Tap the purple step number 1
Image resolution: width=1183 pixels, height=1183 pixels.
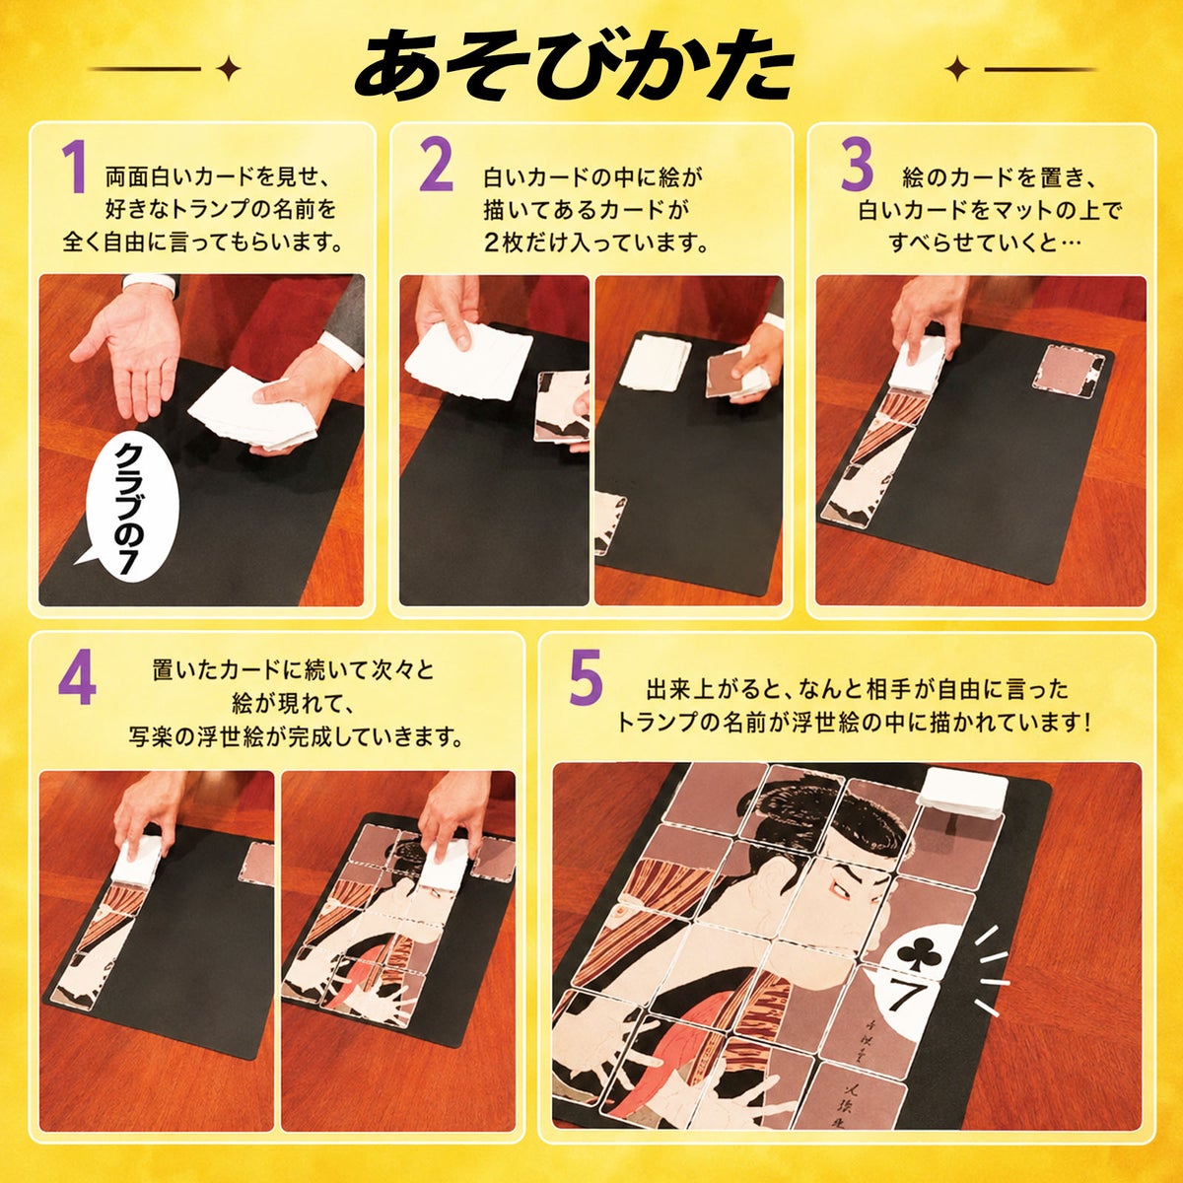[x=76, y=168]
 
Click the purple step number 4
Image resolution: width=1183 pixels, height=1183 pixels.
[x=77, y=682]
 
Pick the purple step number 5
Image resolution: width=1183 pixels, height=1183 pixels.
[x=587, y=680]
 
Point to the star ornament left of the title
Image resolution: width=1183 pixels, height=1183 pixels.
[x=231, y=69]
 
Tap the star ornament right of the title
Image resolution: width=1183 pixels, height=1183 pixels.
[x=956, y=69]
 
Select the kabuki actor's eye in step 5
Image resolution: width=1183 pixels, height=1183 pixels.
[x=839, y=883]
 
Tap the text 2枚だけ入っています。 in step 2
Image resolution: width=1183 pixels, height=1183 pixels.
[x=595, y=244]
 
